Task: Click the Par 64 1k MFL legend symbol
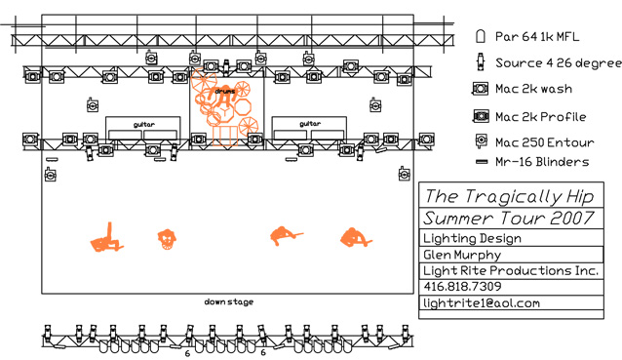coord(481,36)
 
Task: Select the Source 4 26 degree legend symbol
coord(481,61)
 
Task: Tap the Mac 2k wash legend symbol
coord(480,89)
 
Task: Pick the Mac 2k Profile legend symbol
coord(481,116)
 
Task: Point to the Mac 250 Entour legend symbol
coord(481,140)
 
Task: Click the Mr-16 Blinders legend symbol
coord(482,162)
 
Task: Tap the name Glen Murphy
coord(462,255)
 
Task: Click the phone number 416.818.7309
coord(462,286)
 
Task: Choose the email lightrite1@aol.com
coord(482,303)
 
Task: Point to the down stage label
coord(229,301)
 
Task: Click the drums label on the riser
coord(225,92)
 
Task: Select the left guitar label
coord(144,125)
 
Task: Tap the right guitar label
coord(310,124)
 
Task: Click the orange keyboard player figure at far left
coord(106,239)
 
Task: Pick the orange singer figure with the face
coord(167,239)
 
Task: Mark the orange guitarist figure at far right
coord(356,238)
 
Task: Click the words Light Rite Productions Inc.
coord(511,270)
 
